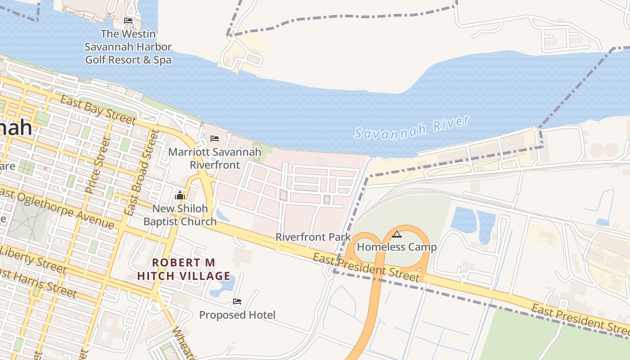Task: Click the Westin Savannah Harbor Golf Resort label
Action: (x=128, y=47)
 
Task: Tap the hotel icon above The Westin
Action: (x=128, y=21)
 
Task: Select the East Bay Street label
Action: (x=98, y=109)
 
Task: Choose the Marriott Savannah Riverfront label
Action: (x=215, y=158)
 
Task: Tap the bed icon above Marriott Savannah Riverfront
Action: (x=215, y=139)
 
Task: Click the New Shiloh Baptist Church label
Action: (x=180, y=215)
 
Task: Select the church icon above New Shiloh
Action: (x=180, y=195)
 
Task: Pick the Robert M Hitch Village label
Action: (x=184, y=269)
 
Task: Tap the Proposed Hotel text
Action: (x=237, y=315)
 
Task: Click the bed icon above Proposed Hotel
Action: (x=237, y=301)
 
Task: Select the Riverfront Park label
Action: (x=313, y=237)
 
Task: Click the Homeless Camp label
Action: (x=396, y=247)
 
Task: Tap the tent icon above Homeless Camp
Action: (x=396, y=234)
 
